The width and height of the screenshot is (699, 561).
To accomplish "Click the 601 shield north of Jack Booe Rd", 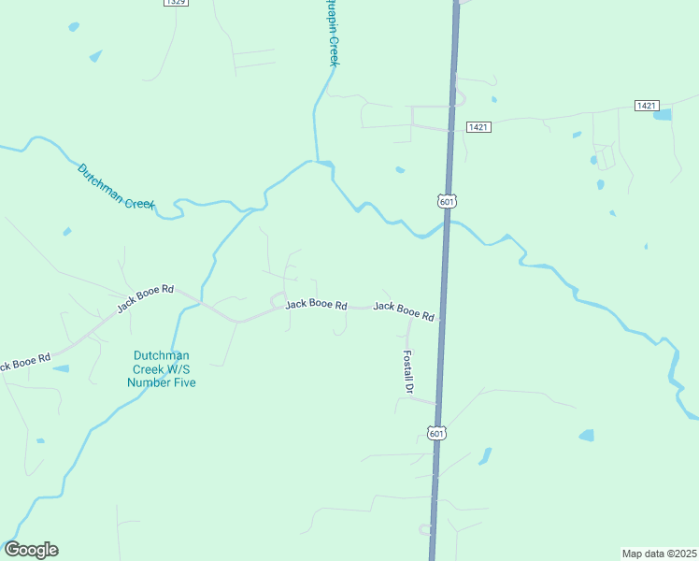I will point(448,201).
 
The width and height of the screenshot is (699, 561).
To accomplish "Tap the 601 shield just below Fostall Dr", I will point(436,433).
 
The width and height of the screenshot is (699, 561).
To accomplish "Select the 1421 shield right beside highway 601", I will point(478,126).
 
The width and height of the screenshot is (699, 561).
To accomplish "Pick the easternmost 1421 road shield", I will point(646,106).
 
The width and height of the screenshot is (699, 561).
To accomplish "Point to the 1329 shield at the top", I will point(175,3).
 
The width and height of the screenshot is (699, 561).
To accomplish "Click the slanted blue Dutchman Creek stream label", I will point(115,185).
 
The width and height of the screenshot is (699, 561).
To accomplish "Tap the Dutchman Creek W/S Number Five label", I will point(162,368).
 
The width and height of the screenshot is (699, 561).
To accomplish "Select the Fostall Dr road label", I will point(407,370).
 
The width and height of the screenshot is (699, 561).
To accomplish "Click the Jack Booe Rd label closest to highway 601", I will point(404,311).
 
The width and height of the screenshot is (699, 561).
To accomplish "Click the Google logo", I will point(31,550).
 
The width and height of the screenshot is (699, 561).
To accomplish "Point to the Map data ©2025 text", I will point(658,553).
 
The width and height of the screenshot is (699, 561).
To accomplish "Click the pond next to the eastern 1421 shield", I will point(663,115).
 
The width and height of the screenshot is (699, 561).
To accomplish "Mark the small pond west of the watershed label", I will point(61,368).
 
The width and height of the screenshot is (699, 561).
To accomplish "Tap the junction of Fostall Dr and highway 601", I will point(437,404).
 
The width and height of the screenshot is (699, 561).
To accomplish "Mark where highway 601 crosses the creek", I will point(447,223).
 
